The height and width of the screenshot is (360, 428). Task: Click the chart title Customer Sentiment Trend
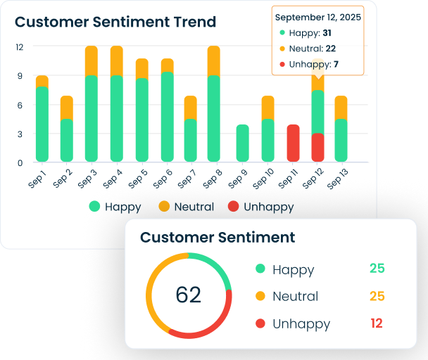pos(115,22)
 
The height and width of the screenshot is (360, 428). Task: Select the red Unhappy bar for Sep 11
pos(293,143)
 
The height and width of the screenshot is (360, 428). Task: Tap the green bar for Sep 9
pos(242,143)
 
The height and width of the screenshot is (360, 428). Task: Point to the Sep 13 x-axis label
pos(339,178)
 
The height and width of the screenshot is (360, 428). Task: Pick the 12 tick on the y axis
pos(20,47)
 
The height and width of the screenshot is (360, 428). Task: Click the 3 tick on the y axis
pos(20,134)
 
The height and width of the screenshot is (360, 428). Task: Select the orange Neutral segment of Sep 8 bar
pos(213,61)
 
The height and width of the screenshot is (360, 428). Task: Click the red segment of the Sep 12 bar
pos(318,147)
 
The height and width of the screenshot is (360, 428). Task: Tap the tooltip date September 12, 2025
pos(317,17)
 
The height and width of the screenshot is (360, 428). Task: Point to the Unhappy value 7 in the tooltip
pos(336,65)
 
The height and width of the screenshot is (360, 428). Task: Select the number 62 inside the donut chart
pos(188,295)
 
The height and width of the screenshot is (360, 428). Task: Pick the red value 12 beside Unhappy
pos(377,323)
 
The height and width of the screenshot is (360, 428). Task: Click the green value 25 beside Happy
pos(377,269)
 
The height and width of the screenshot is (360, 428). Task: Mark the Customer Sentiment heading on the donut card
pos(218,237)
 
